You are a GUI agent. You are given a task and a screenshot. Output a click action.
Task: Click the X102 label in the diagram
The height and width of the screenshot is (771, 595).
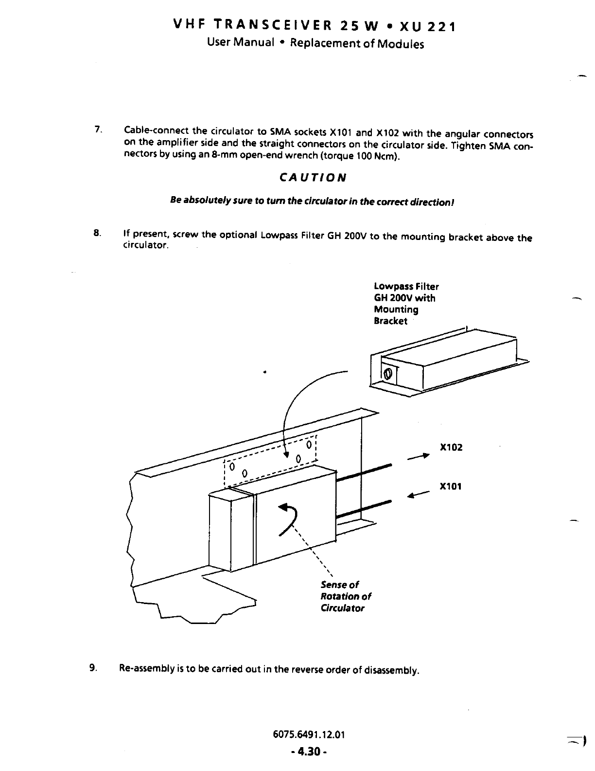pyautogui.click(x=451, y=447)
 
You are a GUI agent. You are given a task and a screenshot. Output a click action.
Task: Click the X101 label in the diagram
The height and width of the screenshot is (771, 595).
pyautogui.click(x=451, y=486)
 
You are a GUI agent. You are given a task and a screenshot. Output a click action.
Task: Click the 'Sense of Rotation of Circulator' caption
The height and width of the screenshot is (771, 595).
pyautogui.click(x=345, y=596)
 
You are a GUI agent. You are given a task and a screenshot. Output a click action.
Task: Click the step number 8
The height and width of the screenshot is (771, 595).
pyautogui.click(x=98, y=233)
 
